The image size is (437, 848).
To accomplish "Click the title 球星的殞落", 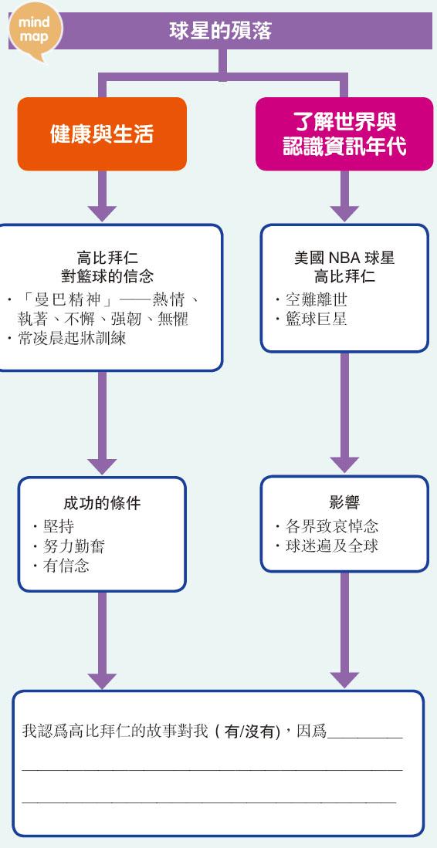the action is (220, 31).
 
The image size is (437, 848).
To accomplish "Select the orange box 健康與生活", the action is (102, 134).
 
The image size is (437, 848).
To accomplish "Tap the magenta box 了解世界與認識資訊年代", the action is (344, 134).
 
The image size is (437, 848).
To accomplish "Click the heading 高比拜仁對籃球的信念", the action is (107, 266).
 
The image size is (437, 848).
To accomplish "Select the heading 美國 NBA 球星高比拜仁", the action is (344, 267).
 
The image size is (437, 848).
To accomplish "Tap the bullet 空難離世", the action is (311, 299).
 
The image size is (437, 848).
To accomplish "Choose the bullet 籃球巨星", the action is (311, 319).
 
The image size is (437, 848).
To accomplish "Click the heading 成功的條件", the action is (102, 504).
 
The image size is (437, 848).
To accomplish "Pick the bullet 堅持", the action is (53, 526).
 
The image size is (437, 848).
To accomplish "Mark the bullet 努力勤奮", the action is (68, 546).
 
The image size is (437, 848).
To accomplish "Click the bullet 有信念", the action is (60, 566).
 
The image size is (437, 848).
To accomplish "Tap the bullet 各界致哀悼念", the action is (327, 525).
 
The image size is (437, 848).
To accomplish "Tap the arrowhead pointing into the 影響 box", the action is (344, 465).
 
